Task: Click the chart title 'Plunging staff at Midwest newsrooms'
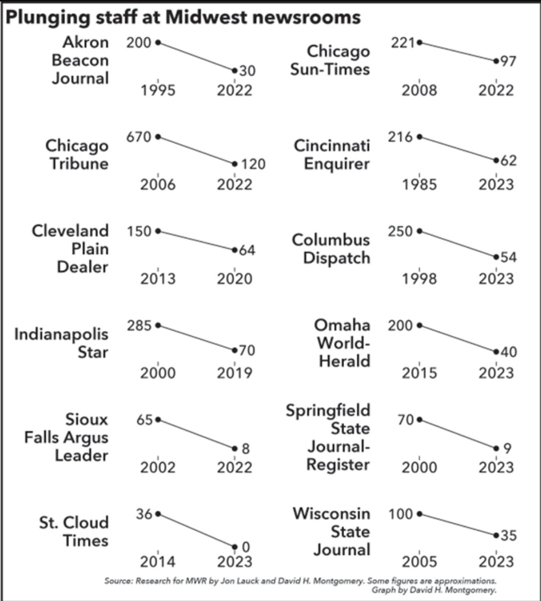coord(183,18)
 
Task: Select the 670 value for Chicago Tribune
coord(138,137)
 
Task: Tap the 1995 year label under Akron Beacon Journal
coord(158,90)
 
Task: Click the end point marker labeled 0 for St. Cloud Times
coord(234,546)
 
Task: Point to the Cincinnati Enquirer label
coord(332,154)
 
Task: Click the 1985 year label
coord(419,184)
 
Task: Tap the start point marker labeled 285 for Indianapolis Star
coord(158,325)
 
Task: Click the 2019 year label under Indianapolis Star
coord(234,373)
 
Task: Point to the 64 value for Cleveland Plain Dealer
coord(246,250)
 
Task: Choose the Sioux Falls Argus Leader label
coord(67,437)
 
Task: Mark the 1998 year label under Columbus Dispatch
coord(419,279)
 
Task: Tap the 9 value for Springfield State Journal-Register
coord(507,448)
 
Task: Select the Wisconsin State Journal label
coord(332,531)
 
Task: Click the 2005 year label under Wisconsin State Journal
coord(419,561)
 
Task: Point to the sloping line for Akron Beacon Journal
coord(196,56)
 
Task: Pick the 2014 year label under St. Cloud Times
coord(158,561)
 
